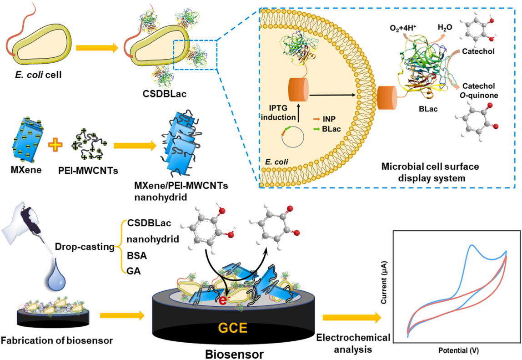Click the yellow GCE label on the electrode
click(233, 328)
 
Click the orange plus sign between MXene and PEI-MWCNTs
click(55, 145)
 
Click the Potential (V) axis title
click(458, 350)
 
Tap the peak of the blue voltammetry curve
click(472, 246)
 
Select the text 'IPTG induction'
click(278, 113)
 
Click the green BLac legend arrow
click(316, 129)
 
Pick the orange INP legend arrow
click(316, 119)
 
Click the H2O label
click(445, 28)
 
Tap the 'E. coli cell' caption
click(38, 75)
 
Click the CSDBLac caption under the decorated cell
click(165, 94)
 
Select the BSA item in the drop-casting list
click(137, 256)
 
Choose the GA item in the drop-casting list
click(134, 271)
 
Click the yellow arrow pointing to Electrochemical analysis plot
click(351, 317)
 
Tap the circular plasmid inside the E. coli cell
click(292, 137)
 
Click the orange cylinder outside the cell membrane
click(387, 97)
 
